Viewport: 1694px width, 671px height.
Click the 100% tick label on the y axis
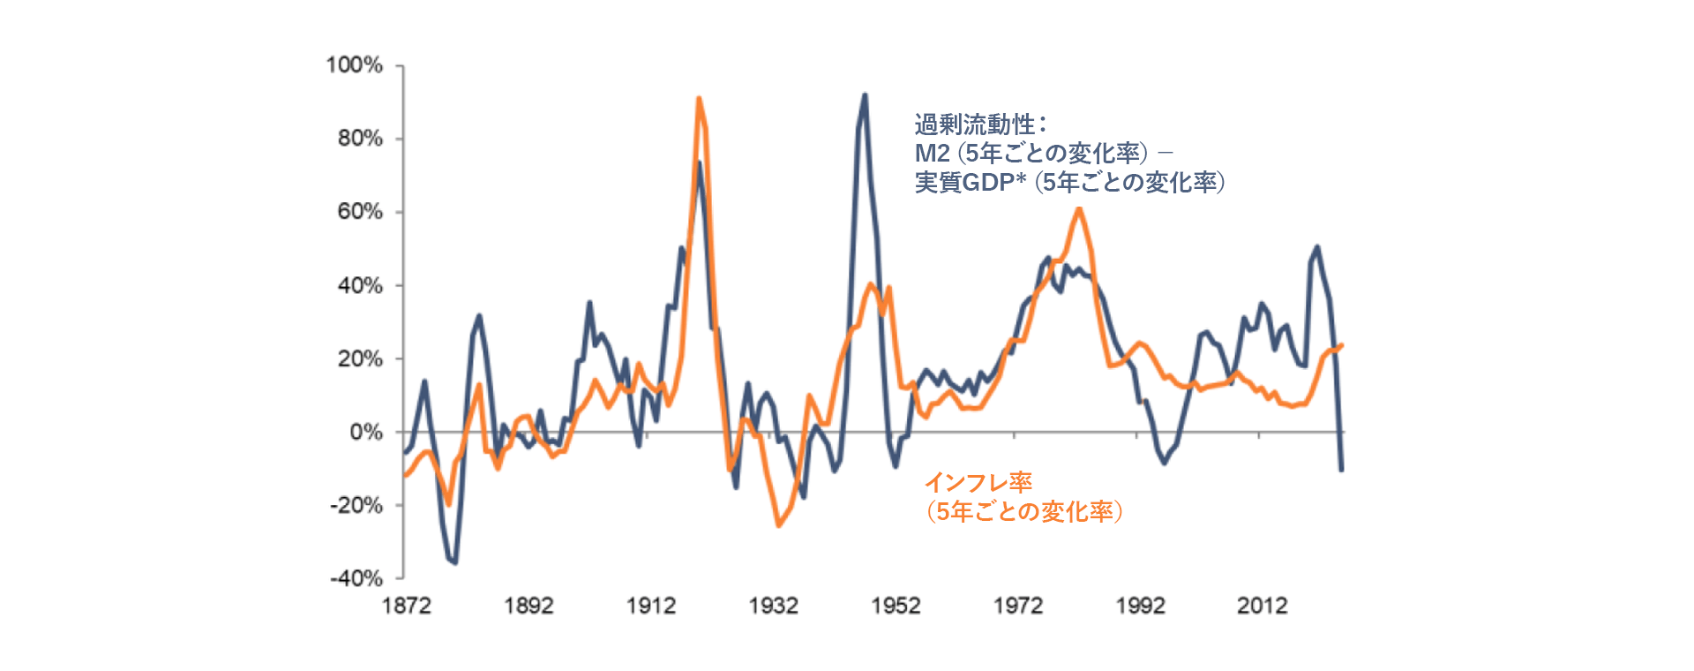coord(355,65)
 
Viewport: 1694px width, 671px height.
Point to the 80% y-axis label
coord(360,139)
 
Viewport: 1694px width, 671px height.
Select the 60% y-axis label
coord(360,212)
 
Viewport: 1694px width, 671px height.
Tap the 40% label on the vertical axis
coord(360,285)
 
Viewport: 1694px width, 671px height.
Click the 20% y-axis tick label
coord(360,358)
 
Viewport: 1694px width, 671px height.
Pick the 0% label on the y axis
coord(366,432)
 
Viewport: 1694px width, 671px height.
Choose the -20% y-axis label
coord(356,505)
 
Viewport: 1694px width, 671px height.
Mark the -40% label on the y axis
coord(356,578)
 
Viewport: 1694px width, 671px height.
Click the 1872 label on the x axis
coord(406,606)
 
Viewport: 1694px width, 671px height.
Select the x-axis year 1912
coord(651,606)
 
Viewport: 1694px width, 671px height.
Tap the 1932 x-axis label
coord(774,606)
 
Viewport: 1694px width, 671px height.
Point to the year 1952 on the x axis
coord(896,606)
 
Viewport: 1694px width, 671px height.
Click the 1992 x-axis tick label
coord(1141,606)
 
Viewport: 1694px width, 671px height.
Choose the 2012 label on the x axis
coord(1263,606)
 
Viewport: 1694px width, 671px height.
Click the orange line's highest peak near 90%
coord(699,99)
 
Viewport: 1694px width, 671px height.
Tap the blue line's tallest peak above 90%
coord(865,94)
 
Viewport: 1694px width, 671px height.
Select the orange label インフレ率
coord(978,483)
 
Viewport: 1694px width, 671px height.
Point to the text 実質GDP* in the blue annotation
coord(970,183)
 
